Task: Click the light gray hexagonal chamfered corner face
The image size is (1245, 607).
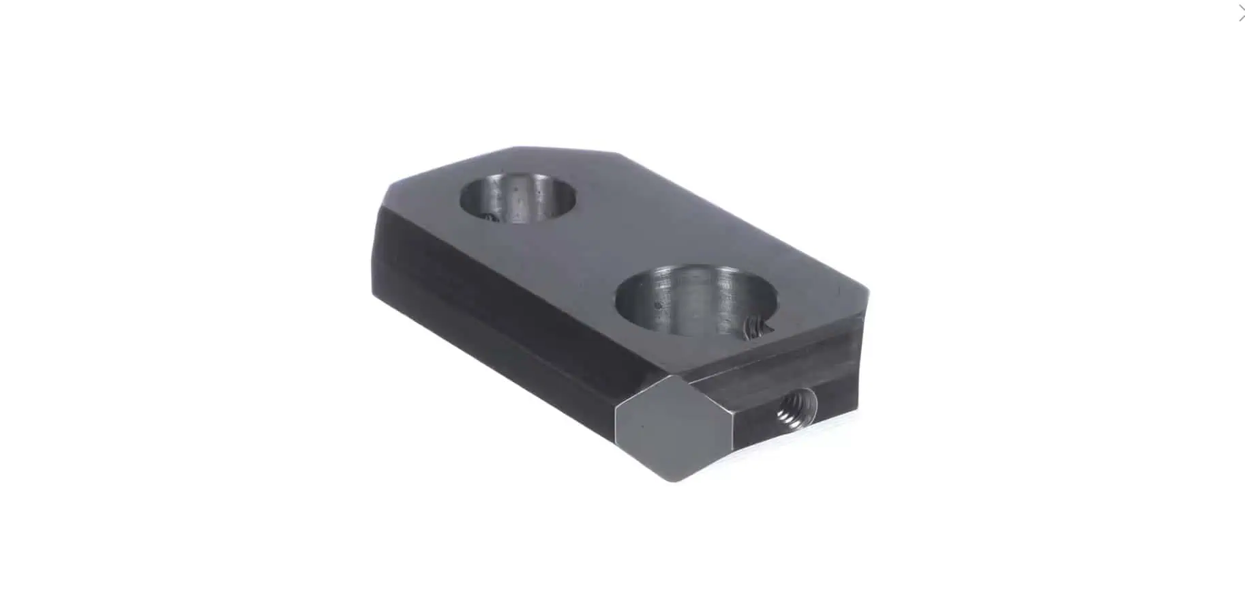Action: (x=674, y=428)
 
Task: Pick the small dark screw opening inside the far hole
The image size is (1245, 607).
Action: (x=487, y=217)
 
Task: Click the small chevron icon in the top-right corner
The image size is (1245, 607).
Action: (x=1240, y=13)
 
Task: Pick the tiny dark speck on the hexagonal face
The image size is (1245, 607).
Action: (x=642, y=426)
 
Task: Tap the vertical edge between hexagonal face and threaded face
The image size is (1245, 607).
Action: (x=734, y=430)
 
